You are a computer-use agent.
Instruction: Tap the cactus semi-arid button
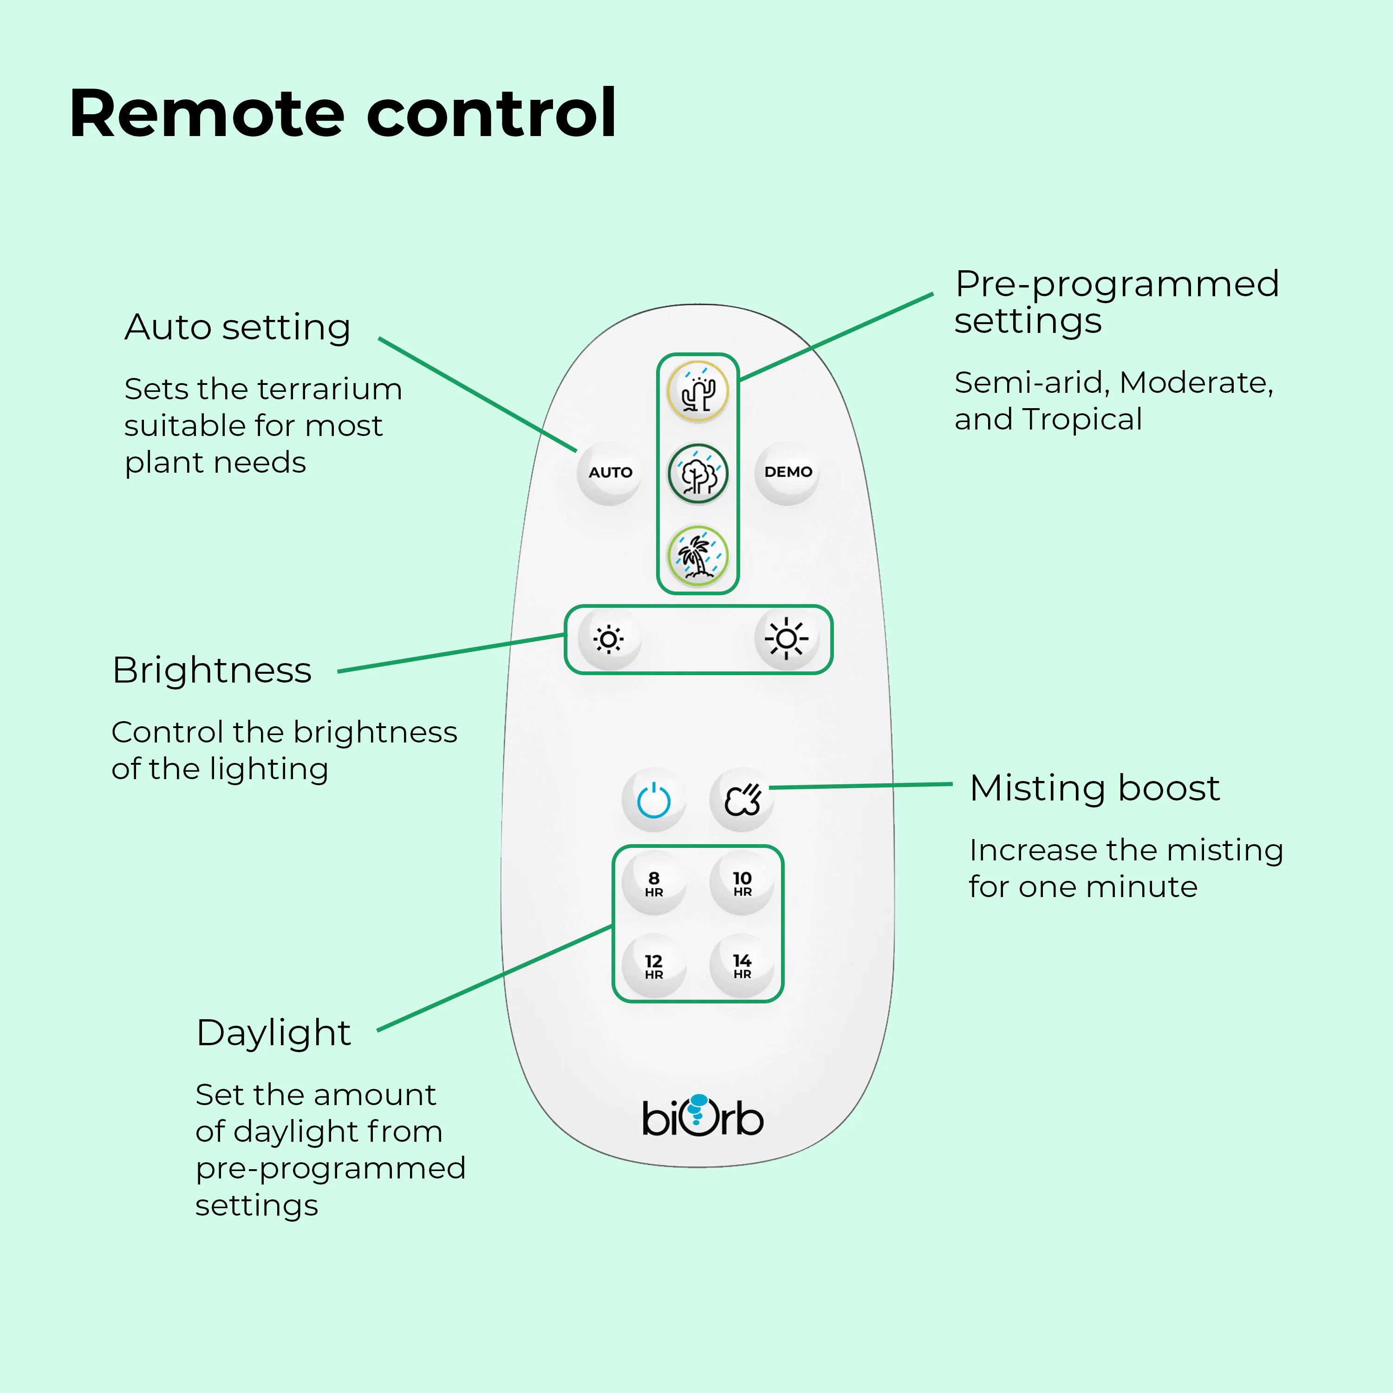[x=697, y=391]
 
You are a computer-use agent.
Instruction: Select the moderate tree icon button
[x=697, y=474]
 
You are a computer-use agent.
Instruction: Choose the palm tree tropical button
[x=697, y=556]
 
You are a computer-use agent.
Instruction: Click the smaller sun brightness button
[x=609, y=639]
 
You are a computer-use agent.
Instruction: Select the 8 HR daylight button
[x=654, y=883]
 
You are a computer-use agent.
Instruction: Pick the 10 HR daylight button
[x=742, y=883]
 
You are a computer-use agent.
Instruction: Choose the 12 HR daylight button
[x=654, y=965]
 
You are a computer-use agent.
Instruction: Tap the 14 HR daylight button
[x=742, y=965]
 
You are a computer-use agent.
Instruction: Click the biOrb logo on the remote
[x=702, y=1117]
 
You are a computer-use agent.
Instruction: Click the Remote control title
[x=343, y=113]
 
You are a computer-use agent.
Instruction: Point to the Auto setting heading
[x=237, y=327]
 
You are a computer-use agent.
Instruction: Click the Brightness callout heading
[x=212, y=670]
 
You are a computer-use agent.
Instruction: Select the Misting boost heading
[x=1094, y=788]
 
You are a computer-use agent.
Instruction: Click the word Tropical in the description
[x=1081, y=420]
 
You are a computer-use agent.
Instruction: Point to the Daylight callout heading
[x=273, y=1033]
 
